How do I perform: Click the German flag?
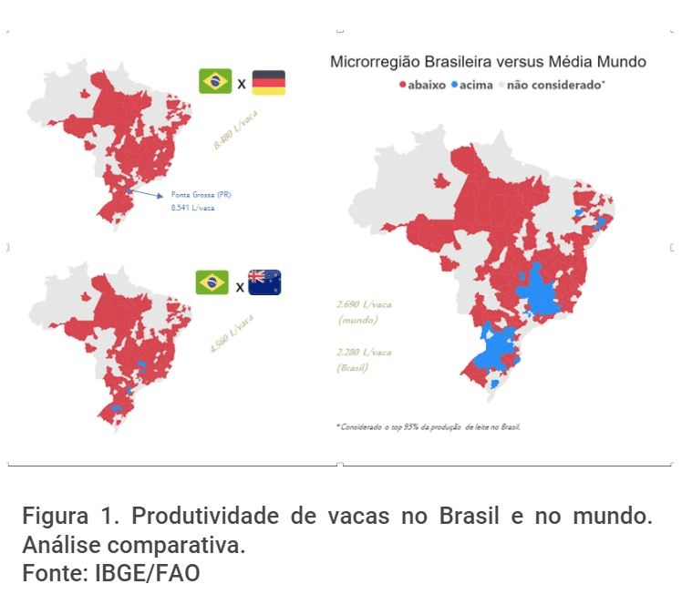pos(268,82)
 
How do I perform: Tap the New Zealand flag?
pos(264,283)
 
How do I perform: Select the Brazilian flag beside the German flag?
pos(215,81)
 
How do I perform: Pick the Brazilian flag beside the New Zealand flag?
pos(212,282)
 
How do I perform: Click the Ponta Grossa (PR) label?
pos(201,195)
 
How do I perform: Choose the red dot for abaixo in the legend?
pos(401,85)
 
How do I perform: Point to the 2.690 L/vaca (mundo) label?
pos(365,313)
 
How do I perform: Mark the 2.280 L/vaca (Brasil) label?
pos(365,359)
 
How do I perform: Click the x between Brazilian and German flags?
pos(242,84)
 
